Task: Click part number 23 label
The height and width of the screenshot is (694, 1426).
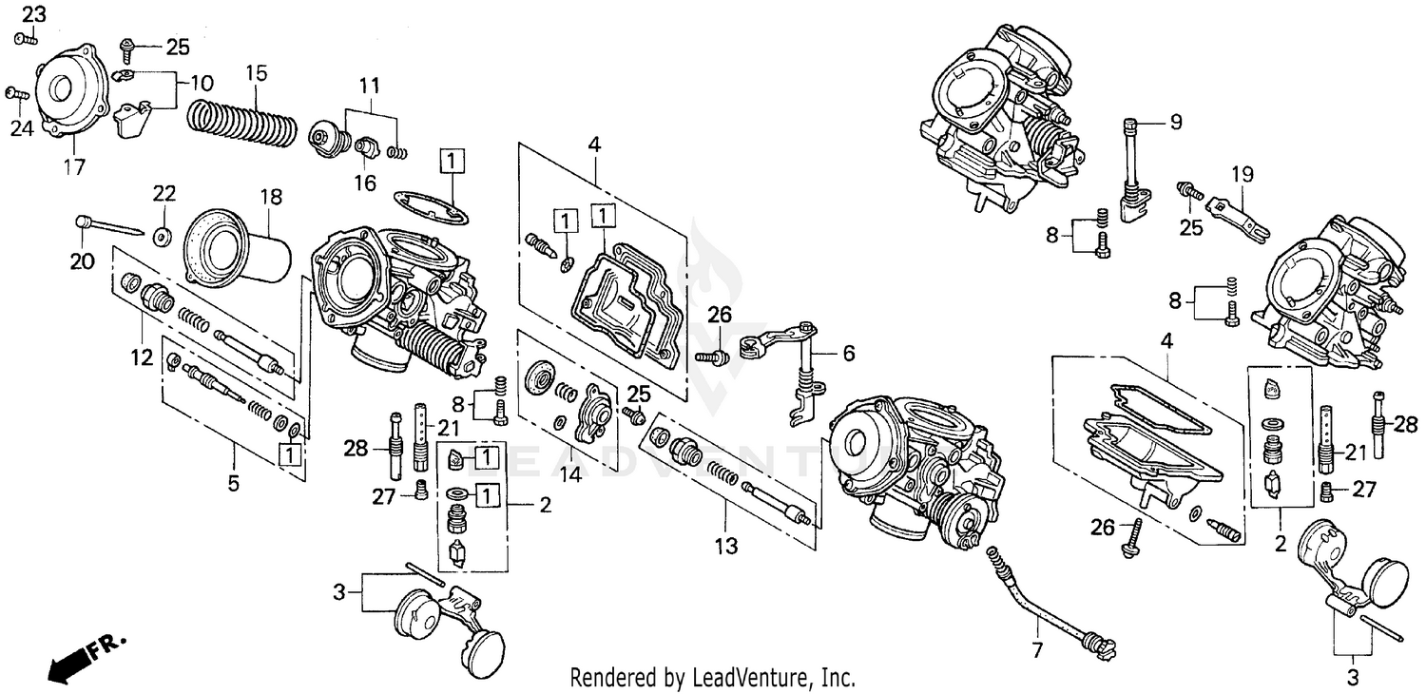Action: pyautogui.click(x=33, y=14)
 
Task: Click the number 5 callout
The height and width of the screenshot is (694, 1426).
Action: pyautogui.click(x=233, y=483)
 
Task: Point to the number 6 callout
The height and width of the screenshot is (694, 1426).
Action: pyautogui.click(x=848, y=353)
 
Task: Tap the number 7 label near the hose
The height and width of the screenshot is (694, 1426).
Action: pyautogui.click(x=1037, y=651)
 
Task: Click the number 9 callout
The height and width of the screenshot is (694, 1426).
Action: pyautogui.click(x=1175, y=122)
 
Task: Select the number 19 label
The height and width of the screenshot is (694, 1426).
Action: pyautogui.click(x=1243, y=174)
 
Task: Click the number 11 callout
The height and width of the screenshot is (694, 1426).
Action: pyautogui.click(x=369, y=85)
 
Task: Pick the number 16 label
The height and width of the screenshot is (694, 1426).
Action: pyautogui.click(x=365, y=182)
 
